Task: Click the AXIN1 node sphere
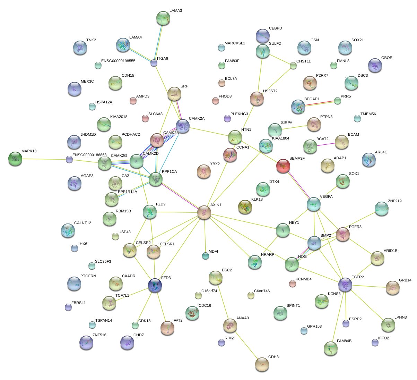204,212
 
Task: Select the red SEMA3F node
283,166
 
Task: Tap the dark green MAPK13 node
15,158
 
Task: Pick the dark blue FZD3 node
155,285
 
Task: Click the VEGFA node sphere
313,204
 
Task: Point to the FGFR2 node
345,285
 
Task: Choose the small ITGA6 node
154,63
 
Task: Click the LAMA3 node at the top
163,18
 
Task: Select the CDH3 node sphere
262,364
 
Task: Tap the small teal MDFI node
206,256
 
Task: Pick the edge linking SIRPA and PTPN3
294,127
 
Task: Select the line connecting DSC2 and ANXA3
223,301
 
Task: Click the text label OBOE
386,58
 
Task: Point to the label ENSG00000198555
118,61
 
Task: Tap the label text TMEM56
368,114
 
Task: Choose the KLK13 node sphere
245,207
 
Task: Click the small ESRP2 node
346,323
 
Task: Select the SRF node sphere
174,93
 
